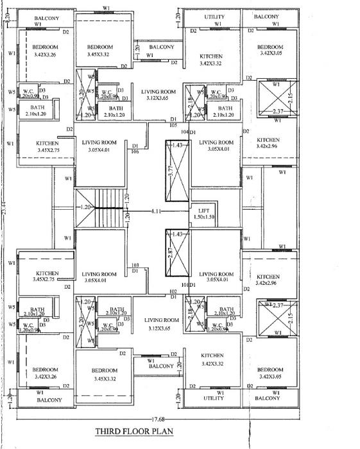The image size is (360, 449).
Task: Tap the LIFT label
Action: click(x=204, y=210)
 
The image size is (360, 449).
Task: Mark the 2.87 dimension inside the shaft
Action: click(x=170, y=251)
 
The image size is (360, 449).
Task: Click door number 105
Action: click(x=173, y=126)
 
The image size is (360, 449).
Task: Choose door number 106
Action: click(x=135, y=152)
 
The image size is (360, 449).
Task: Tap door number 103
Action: click(x=135, y=266)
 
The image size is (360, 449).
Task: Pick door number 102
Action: click(x=173, y=291)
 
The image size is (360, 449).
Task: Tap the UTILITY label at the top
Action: click(x=214, y=16)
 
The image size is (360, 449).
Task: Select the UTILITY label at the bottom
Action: click(x=214, y=399)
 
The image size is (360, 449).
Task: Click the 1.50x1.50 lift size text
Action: click(x=204, y=217)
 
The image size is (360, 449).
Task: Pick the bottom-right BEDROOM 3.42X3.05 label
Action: click(x=270, y=374)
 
